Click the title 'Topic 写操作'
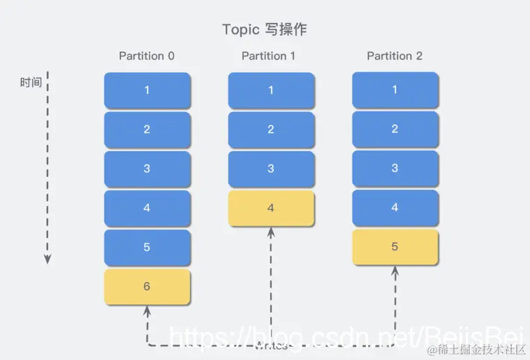tap(264, 29)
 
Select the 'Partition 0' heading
tap(146, 56)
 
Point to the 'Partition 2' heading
tap(394, 56)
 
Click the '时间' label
tap(31, 82)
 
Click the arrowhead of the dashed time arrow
tap(47, 259)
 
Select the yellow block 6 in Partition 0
tap(147, 287)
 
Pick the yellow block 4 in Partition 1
tap(271, 208)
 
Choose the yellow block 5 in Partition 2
tap(395, 246)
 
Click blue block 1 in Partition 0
tap(147, 90)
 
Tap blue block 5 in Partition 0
tap(147, 247)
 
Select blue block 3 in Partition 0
tap(147, 169)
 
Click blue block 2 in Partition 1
tap(271, 130)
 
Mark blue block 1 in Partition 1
tap(271, 91)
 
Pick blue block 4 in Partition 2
tap(395, 208)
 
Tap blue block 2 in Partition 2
tap(395, 129)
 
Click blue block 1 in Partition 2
tap(395, 90)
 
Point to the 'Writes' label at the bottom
tap(270, 345)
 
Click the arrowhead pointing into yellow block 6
tap(147, 309)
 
